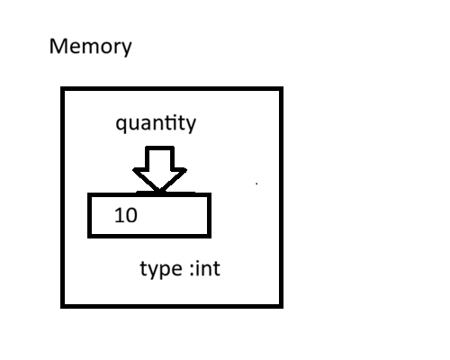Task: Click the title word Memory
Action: (x=90, y=47)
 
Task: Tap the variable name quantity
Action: (x=155, y=124)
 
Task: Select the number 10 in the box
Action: (x=127, y=216)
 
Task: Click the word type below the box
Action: (x=160, y=270)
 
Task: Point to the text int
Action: (x=207, y=269)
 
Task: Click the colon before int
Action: (x=193, y=271)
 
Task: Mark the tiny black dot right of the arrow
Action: (x=256, y=184)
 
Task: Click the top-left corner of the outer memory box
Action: (x=63, y=89)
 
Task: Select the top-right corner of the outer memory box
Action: (x=281, y=89)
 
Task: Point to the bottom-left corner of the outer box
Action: (x=63, y=305)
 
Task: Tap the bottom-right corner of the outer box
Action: (x=281, y=305)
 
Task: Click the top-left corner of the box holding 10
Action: (x=89, y=195)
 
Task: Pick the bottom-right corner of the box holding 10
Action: (x=209, y=236)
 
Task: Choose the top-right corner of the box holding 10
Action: (x=209, y=195)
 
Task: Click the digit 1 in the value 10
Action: (x=121, y=216)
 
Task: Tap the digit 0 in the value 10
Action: (x=131, y=216)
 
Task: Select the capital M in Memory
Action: (x=58, y=47)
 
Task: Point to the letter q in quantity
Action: (x=121, y=126)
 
